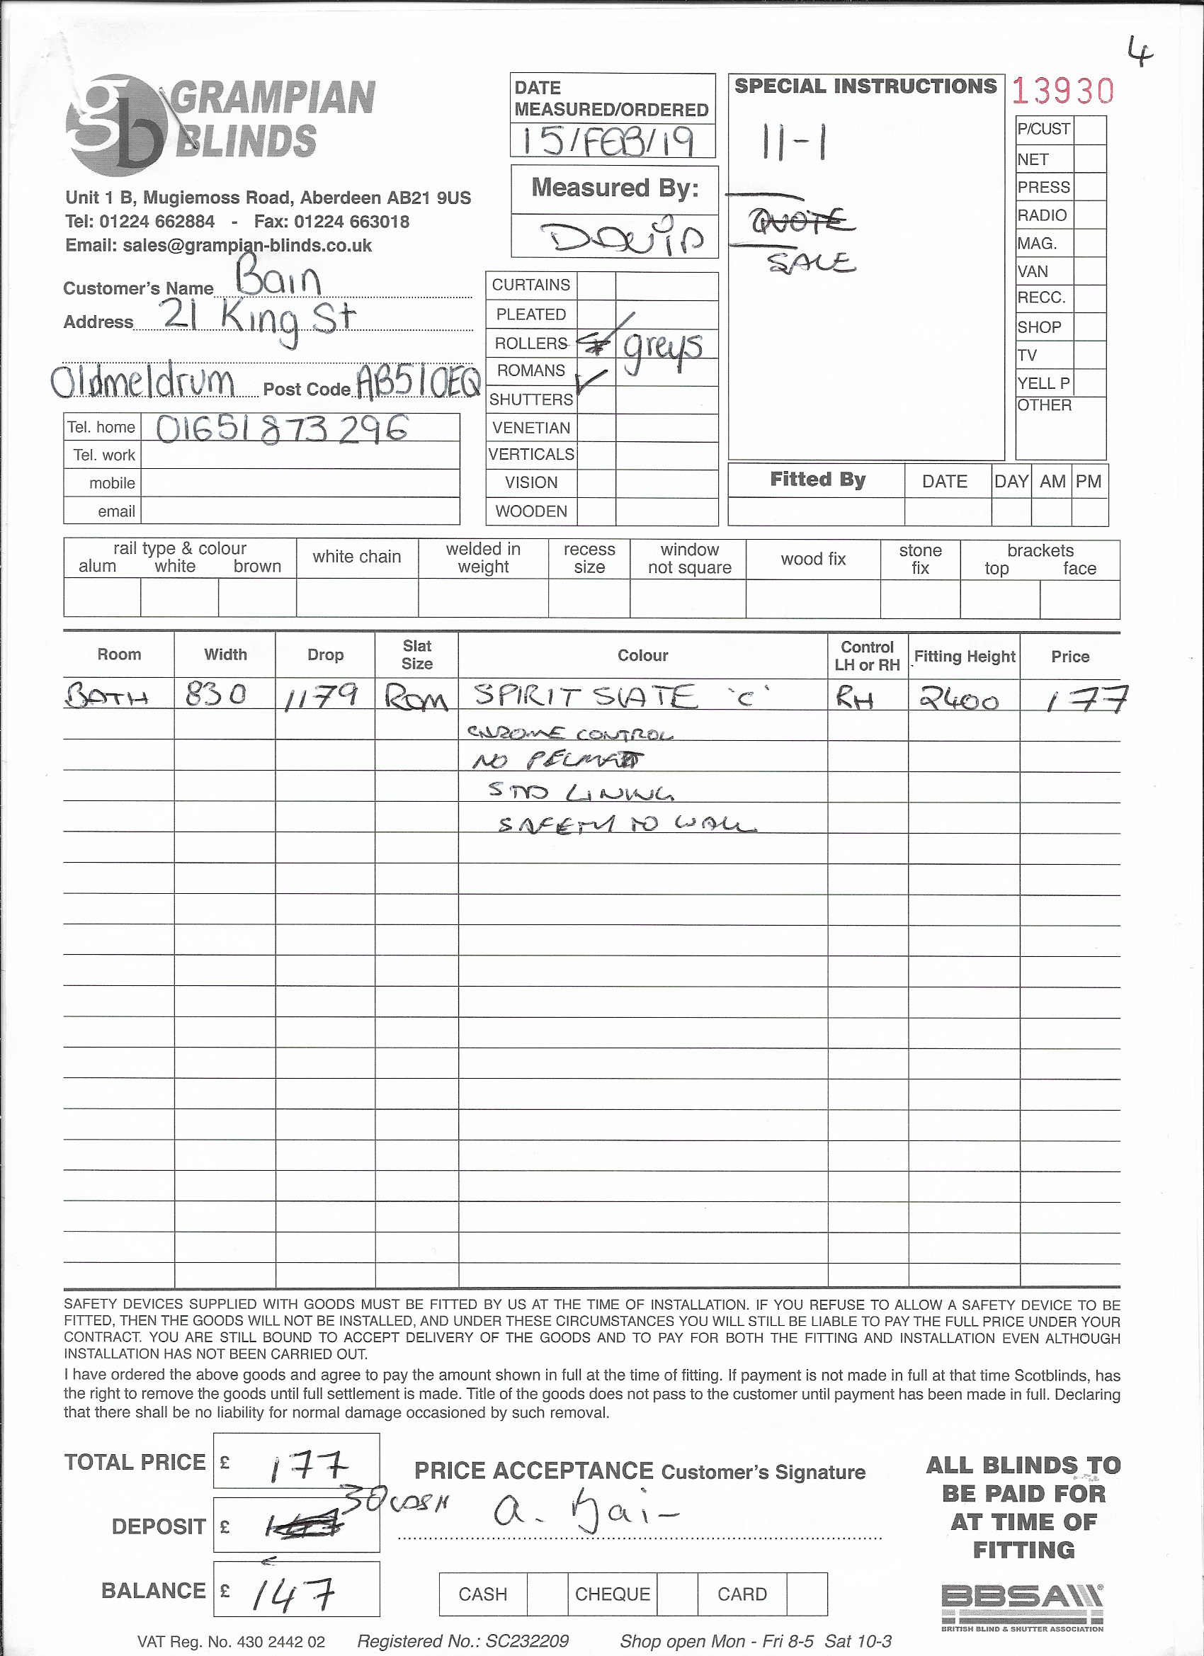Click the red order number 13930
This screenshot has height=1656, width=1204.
pos(1062,92)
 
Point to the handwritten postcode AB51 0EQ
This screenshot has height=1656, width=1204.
pos(418,381)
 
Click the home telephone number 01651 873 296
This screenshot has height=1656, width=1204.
pos(281,429)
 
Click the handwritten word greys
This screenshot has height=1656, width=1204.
pos(662,351)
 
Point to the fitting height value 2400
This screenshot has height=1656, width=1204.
pos(959,700)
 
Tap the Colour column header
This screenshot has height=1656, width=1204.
pos(642,655)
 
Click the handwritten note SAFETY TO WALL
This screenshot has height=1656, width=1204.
pos(627,825)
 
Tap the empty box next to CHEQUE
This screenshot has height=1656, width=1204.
pos(677,1594)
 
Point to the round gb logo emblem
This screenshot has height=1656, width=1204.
pos(115,125)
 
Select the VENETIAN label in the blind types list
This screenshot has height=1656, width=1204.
pos(530,428)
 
